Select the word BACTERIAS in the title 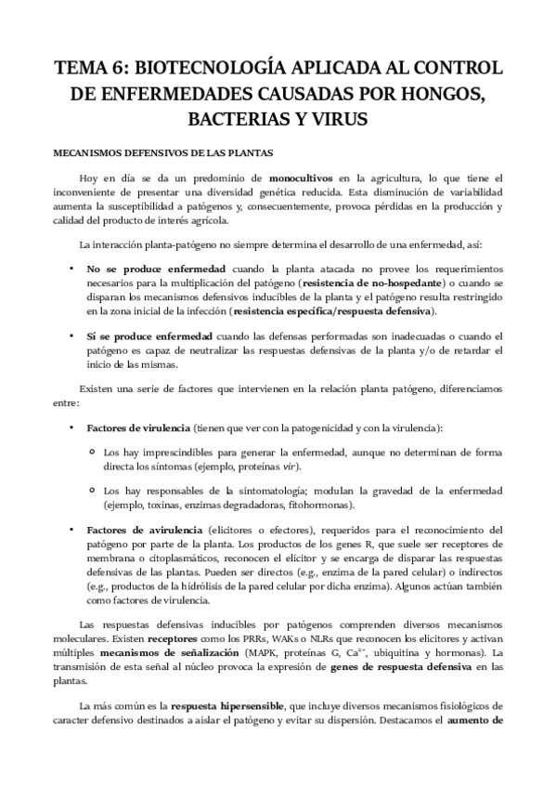(x=230, y=120)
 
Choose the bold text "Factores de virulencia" (x=137, y=428)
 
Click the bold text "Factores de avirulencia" (x=140, y=528)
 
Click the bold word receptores (x=147, y=641)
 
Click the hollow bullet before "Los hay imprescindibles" (x=91, y=451)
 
